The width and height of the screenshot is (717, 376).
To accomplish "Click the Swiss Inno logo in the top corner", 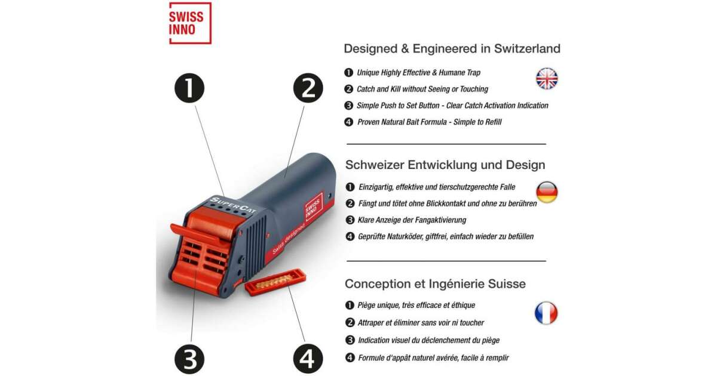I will click(x=190, y=23).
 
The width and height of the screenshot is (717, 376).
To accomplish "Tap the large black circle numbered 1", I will click(x=189, y=88).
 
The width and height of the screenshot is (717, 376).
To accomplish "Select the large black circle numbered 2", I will click(x=308, y=88).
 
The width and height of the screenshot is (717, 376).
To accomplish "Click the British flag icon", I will click(x=547, y=79).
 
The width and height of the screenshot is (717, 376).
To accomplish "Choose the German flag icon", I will click(x=547, y=193).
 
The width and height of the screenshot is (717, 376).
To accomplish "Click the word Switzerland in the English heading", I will click(x=527, y=49).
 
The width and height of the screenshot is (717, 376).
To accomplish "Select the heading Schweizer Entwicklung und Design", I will click(x=445, y=165).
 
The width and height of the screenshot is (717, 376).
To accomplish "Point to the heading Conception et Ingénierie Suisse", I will click(x=435, y=283).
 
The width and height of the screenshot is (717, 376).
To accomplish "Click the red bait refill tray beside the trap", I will click(x=275, y=282).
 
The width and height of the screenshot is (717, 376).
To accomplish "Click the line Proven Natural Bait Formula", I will click(x=429, y=122).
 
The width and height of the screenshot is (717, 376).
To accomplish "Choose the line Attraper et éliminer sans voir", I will click(x=421, y=323).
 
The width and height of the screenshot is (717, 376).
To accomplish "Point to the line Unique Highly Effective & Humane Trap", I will click(x=418, y=73).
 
